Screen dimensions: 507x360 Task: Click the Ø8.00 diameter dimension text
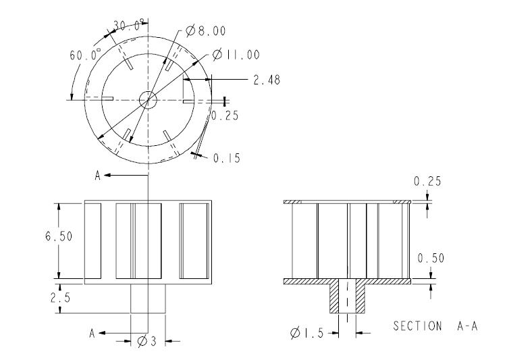click(x=206, y=30)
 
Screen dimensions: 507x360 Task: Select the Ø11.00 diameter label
click(x=236, y=54)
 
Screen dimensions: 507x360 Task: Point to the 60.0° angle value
click(x=85, y=54)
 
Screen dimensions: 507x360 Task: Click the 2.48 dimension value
click(x=267, y=80)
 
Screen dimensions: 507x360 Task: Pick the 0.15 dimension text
click(x=227, y=158)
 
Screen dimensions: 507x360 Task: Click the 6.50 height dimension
click(x=59, y=236)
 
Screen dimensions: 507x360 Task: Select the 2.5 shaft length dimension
click(x=61, y=298)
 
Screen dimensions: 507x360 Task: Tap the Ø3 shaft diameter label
click(x=146, y=341)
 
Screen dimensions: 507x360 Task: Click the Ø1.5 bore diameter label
click(x=307, y=333)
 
